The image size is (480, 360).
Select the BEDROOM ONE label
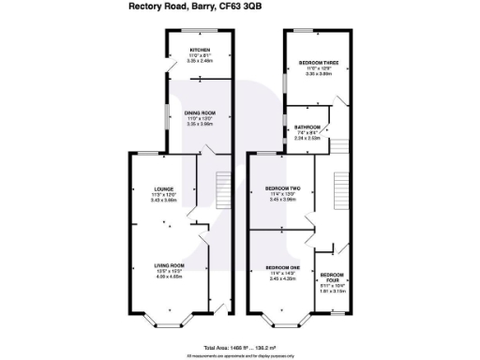click(282, 267)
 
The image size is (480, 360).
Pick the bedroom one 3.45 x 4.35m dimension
click(282, 278)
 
